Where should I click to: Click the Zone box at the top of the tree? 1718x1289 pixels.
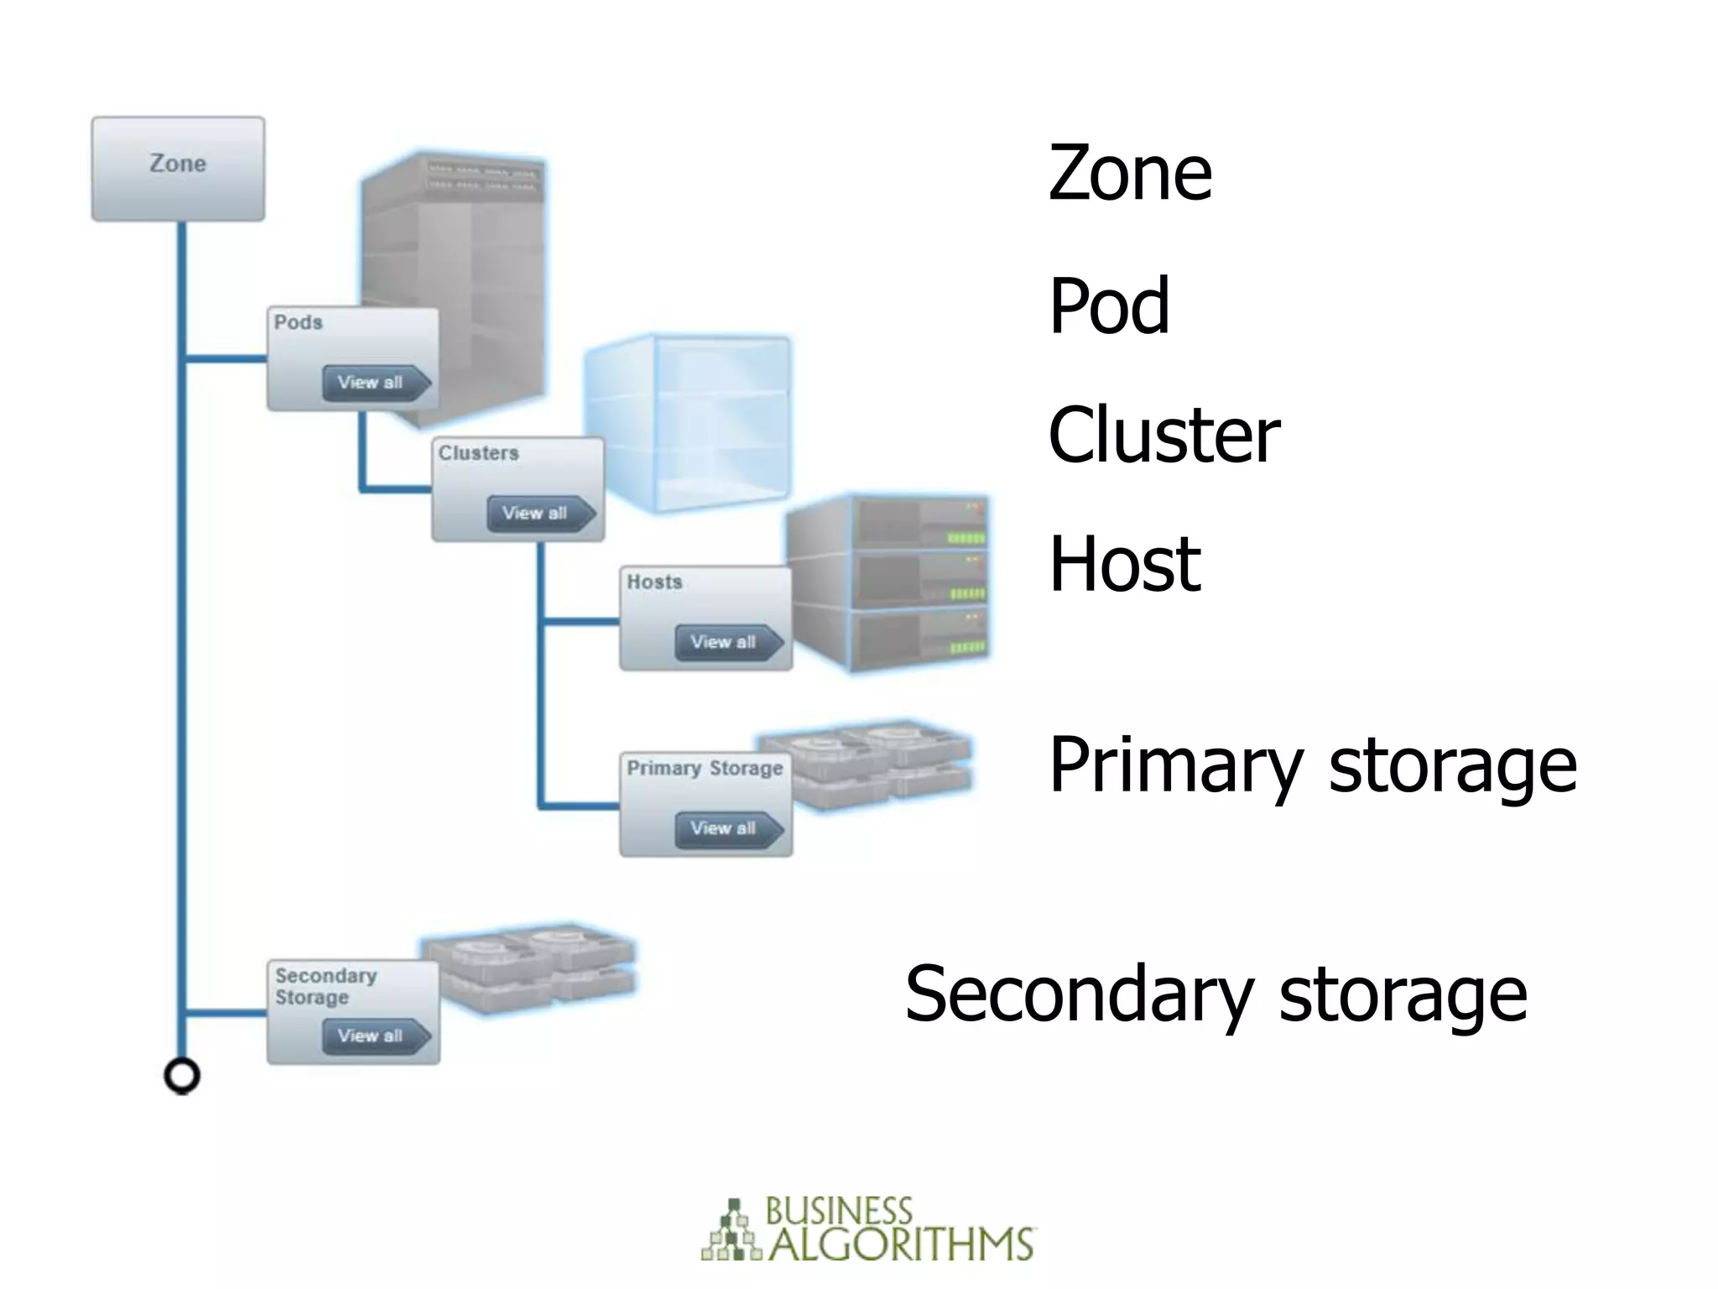(x=178, y=169)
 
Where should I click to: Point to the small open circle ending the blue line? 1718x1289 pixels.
(x=182, y=1076)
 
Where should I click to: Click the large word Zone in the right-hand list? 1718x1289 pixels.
(x=1129, y=174)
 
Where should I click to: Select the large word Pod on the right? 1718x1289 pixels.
(x=1108, y=306)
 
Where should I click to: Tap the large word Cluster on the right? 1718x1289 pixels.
(x=1164, y=435)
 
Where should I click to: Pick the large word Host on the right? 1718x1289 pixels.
(x=1124, y=564)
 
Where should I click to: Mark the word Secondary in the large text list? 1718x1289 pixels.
(x=1079, y=994)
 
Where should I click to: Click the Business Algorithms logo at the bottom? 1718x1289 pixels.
(x=867, y=1230)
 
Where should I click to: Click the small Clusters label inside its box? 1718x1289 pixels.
(x=478, y=453)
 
